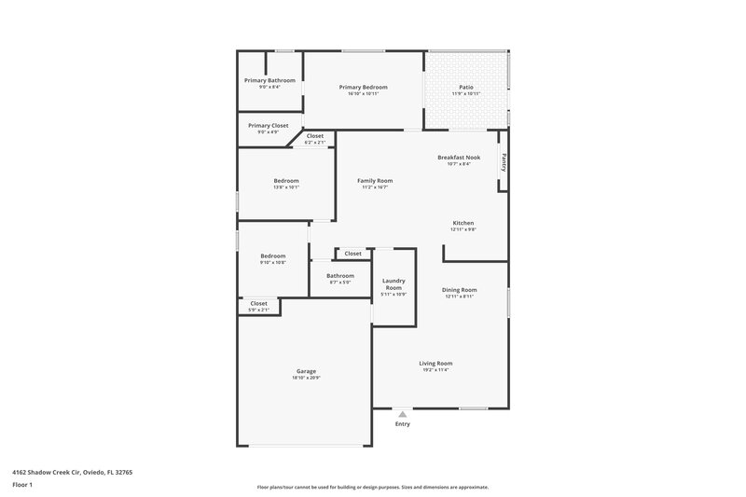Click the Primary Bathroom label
coord(269,80)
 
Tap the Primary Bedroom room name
coord(363,87)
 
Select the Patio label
coord(466,87)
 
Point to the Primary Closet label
coord(268,125)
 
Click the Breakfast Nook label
coord(459,158)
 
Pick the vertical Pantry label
coord(504,163)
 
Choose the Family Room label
coord(375,180)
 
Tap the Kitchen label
coord(463,223)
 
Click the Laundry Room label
coord(394,284)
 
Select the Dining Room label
coord(459,289)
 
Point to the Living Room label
coord(435,363)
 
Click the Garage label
coord(306,371)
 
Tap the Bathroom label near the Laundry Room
coord(340,275)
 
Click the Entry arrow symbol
coord(402,413)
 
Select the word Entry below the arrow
coord(402,424)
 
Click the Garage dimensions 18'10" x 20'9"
coord(306,378)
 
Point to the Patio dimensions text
coord(466,93)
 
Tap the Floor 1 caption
coord(23,486)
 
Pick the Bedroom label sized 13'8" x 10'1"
coord(286,180)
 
